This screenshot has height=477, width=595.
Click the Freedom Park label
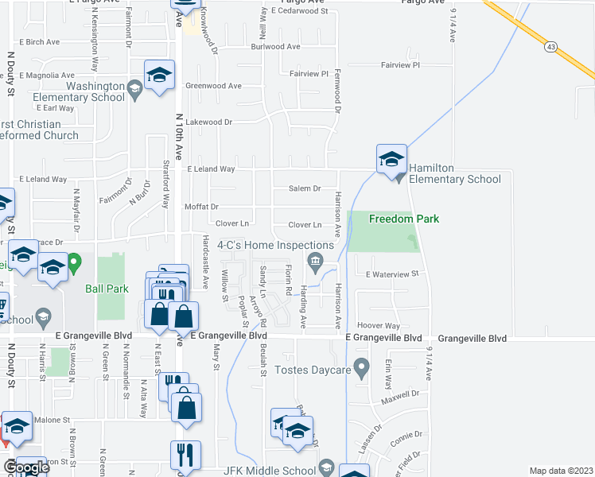pos(404,219)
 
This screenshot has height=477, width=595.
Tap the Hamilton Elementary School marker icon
pos(391,161)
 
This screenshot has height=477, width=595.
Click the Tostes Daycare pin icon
pos(363,368)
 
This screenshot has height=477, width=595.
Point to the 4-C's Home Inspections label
pos(275,246)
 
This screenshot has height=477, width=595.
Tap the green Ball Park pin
pos(75,261)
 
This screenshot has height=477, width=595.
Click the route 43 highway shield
pos(551,48)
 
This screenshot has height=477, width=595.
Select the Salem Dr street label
pos(305,188)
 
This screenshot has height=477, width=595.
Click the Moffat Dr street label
pos(201,207)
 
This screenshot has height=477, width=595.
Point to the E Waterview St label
pos(392,273)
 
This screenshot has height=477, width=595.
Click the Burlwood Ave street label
pos(275,47)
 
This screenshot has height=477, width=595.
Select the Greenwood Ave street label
pos(213,85)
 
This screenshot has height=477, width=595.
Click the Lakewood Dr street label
pos(208,122)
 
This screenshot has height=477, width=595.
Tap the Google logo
pos(25,467)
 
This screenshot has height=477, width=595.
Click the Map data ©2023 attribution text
pos(561,471)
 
